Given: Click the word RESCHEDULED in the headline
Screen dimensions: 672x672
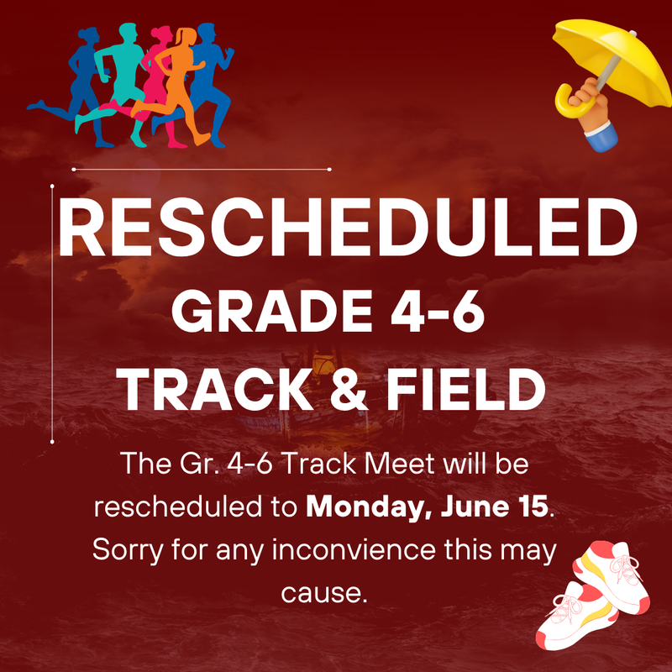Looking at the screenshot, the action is (348, 227).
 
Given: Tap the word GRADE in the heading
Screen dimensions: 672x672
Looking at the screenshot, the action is (271, 311).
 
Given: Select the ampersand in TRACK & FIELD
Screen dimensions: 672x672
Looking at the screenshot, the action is (349, 390).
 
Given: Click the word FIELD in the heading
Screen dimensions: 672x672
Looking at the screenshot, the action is (467, 390).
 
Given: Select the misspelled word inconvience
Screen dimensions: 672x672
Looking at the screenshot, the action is (354, 549).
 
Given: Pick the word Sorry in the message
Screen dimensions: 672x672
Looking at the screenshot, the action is (128, 551).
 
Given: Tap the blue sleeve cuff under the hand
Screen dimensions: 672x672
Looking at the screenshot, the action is (602, 136).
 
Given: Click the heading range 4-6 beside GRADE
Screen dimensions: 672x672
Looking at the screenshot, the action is (438, 312).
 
